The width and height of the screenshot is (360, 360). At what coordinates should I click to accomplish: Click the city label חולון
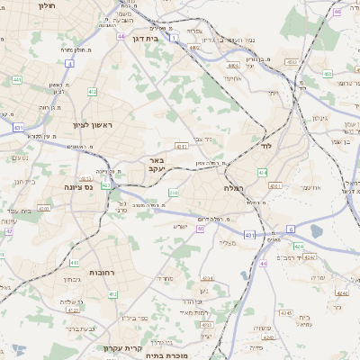click(x=42, y=4)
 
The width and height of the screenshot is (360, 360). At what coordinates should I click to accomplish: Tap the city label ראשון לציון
click(x=94, y=126)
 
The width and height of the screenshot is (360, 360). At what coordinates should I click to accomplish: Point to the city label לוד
click(x=266, y=144)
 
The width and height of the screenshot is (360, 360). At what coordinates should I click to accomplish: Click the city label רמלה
click(x=234, y=188)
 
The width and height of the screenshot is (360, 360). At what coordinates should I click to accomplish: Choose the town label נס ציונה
click(x=79, y=187)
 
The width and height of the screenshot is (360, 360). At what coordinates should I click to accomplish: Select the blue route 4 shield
click(x=69, y=64)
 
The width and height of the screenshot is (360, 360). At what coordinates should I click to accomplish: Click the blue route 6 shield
click(x=291, y=229)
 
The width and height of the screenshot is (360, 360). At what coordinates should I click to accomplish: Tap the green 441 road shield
click(x=17, y=80)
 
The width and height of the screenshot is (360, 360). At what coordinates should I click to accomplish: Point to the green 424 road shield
click(x=262, y=171)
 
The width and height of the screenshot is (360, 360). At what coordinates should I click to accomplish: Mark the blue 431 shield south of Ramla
click(x=249, y=235)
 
